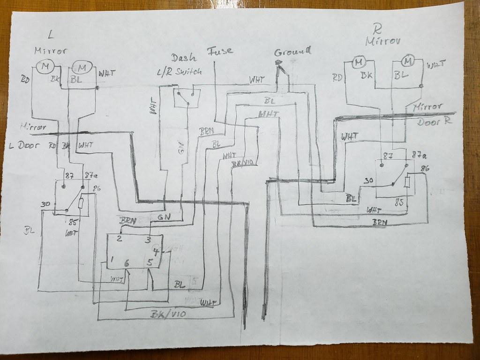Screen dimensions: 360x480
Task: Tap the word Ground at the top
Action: tap(292, 52)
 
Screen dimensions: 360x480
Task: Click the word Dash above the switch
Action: tap(180, 58)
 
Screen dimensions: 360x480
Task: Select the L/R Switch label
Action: tap(180, 72)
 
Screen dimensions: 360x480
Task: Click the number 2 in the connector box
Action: tap(120, 239)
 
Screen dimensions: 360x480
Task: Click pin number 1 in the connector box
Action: tap(112, 260)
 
